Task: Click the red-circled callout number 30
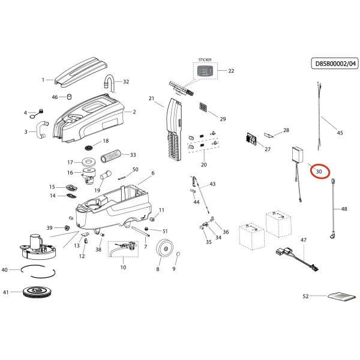[x=319, y=171]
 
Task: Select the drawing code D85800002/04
[x=335, y=63]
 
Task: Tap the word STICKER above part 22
[x=205, y=61]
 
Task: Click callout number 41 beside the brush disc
[x=6, y=293]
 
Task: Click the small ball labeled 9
[x=178, y=257]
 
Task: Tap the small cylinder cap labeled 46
[x=69, y=96]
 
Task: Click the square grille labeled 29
[x=205, y=108]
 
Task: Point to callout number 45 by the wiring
[x=340, y=133]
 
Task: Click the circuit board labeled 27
[x=253, y=137]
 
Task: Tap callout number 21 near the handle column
[x=152, y=98]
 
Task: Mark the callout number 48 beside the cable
[x=344, y=209]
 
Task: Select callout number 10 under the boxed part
[x=123, y=267]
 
